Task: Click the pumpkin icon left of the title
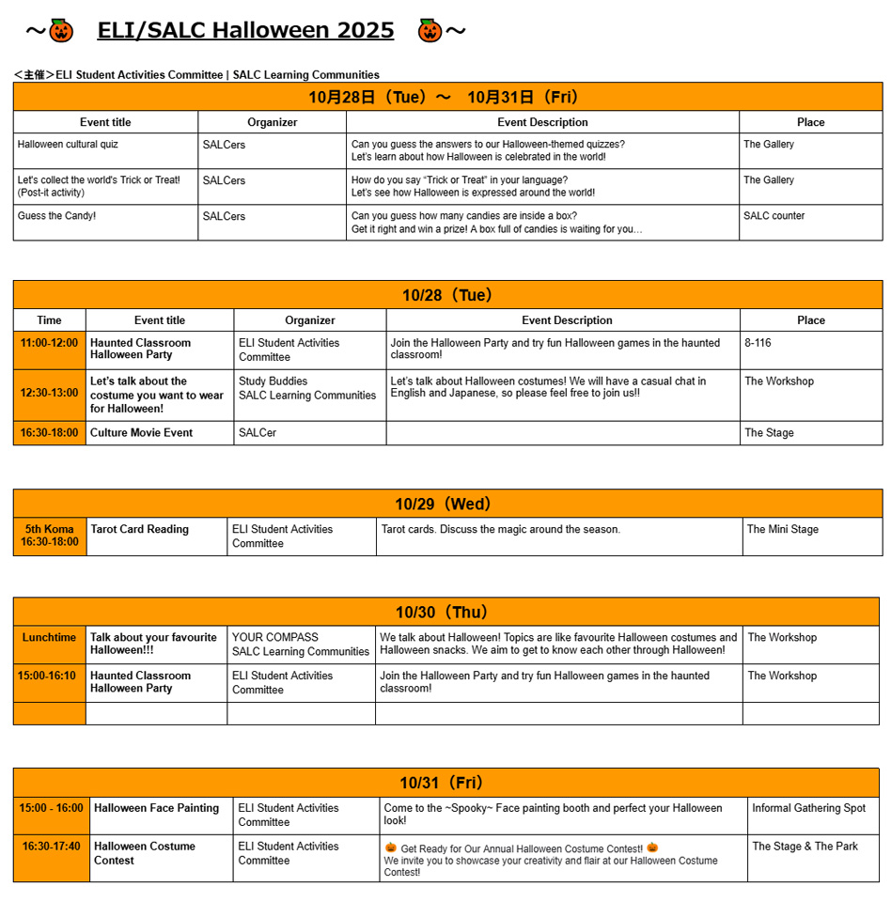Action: [61, 31]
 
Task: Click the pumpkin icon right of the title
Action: [430, 31]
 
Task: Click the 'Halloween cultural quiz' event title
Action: [68, 145]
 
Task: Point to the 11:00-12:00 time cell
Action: [50, 343]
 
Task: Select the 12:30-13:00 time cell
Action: [50, 393]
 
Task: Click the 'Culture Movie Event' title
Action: [141, 433]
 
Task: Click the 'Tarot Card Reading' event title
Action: [139, 530]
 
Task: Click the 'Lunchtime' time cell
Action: [50, 638]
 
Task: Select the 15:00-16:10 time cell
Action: [50, 676]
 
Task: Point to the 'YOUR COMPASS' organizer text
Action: [275, 638]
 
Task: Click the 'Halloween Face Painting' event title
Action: [156, 808]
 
